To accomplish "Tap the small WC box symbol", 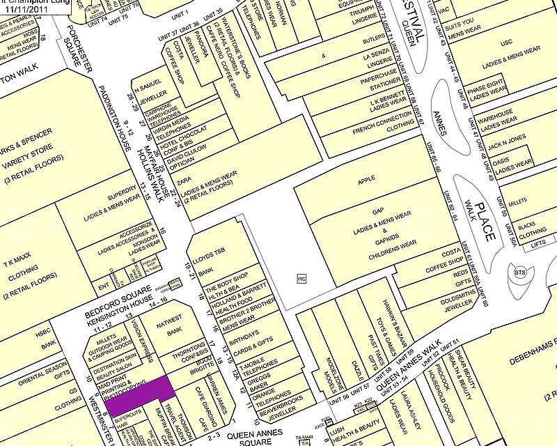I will pos(301,278).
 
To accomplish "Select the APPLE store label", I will pos(366,179).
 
